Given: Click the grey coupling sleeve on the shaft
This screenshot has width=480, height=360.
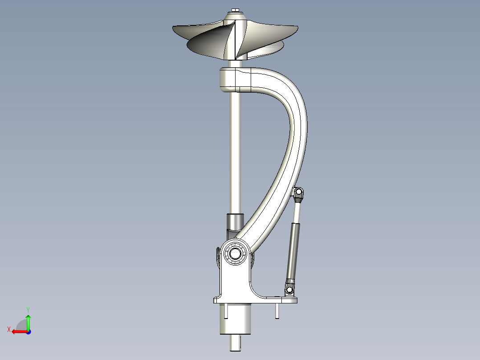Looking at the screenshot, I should (235, 221).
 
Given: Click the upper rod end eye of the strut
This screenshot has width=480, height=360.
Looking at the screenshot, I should (299, 192).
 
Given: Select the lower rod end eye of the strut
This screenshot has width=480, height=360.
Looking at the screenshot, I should (289, 290).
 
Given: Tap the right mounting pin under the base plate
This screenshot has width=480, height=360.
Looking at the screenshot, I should (277, 311).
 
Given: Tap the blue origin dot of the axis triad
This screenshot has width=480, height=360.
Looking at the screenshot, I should (28, 331).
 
